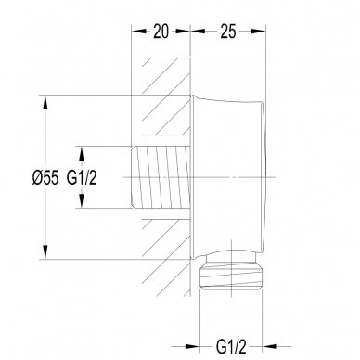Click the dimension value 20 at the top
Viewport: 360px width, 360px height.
(x=161, y=32)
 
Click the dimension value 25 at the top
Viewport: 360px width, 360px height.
(x=228, y=32)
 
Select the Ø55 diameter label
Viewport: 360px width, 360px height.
(x=45, y=178)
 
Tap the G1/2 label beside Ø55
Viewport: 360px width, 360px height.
(x=82, y=178)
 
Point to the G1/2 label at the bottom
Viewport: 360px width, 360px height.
(x=231, y=347)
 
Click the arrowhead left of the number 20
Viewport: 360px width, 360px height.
(x=139, y=31)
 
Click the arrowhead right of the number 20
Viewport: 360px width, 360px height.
(x=183, y=31)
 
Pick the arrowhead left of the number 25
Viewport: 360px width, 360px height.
(x=198, y=31)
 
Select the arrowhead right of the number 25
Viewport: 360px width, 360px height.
(x=259, y=31)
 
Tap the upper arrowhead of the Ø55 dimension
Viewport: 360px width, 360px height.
(x=45, y=102)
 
